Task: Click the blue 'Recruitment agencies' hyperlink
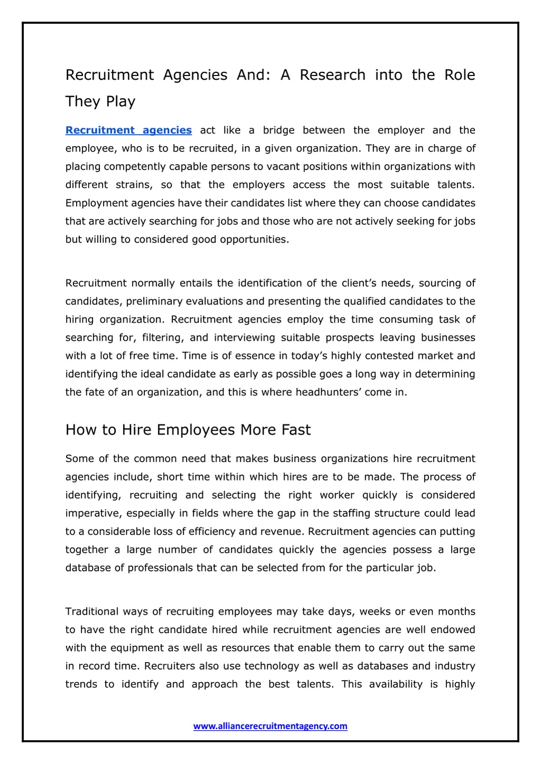point(128,130)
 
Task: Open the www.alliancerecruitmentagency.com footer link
point(270,726)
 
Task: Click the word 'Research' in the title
point(332,75)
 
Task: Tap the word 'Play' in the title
point(121,101)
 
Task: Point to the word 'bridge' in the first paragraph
point(278,130)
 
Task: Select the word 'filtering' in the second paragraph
point(163,338)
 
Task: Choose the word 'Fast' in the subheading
point(296,430)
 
